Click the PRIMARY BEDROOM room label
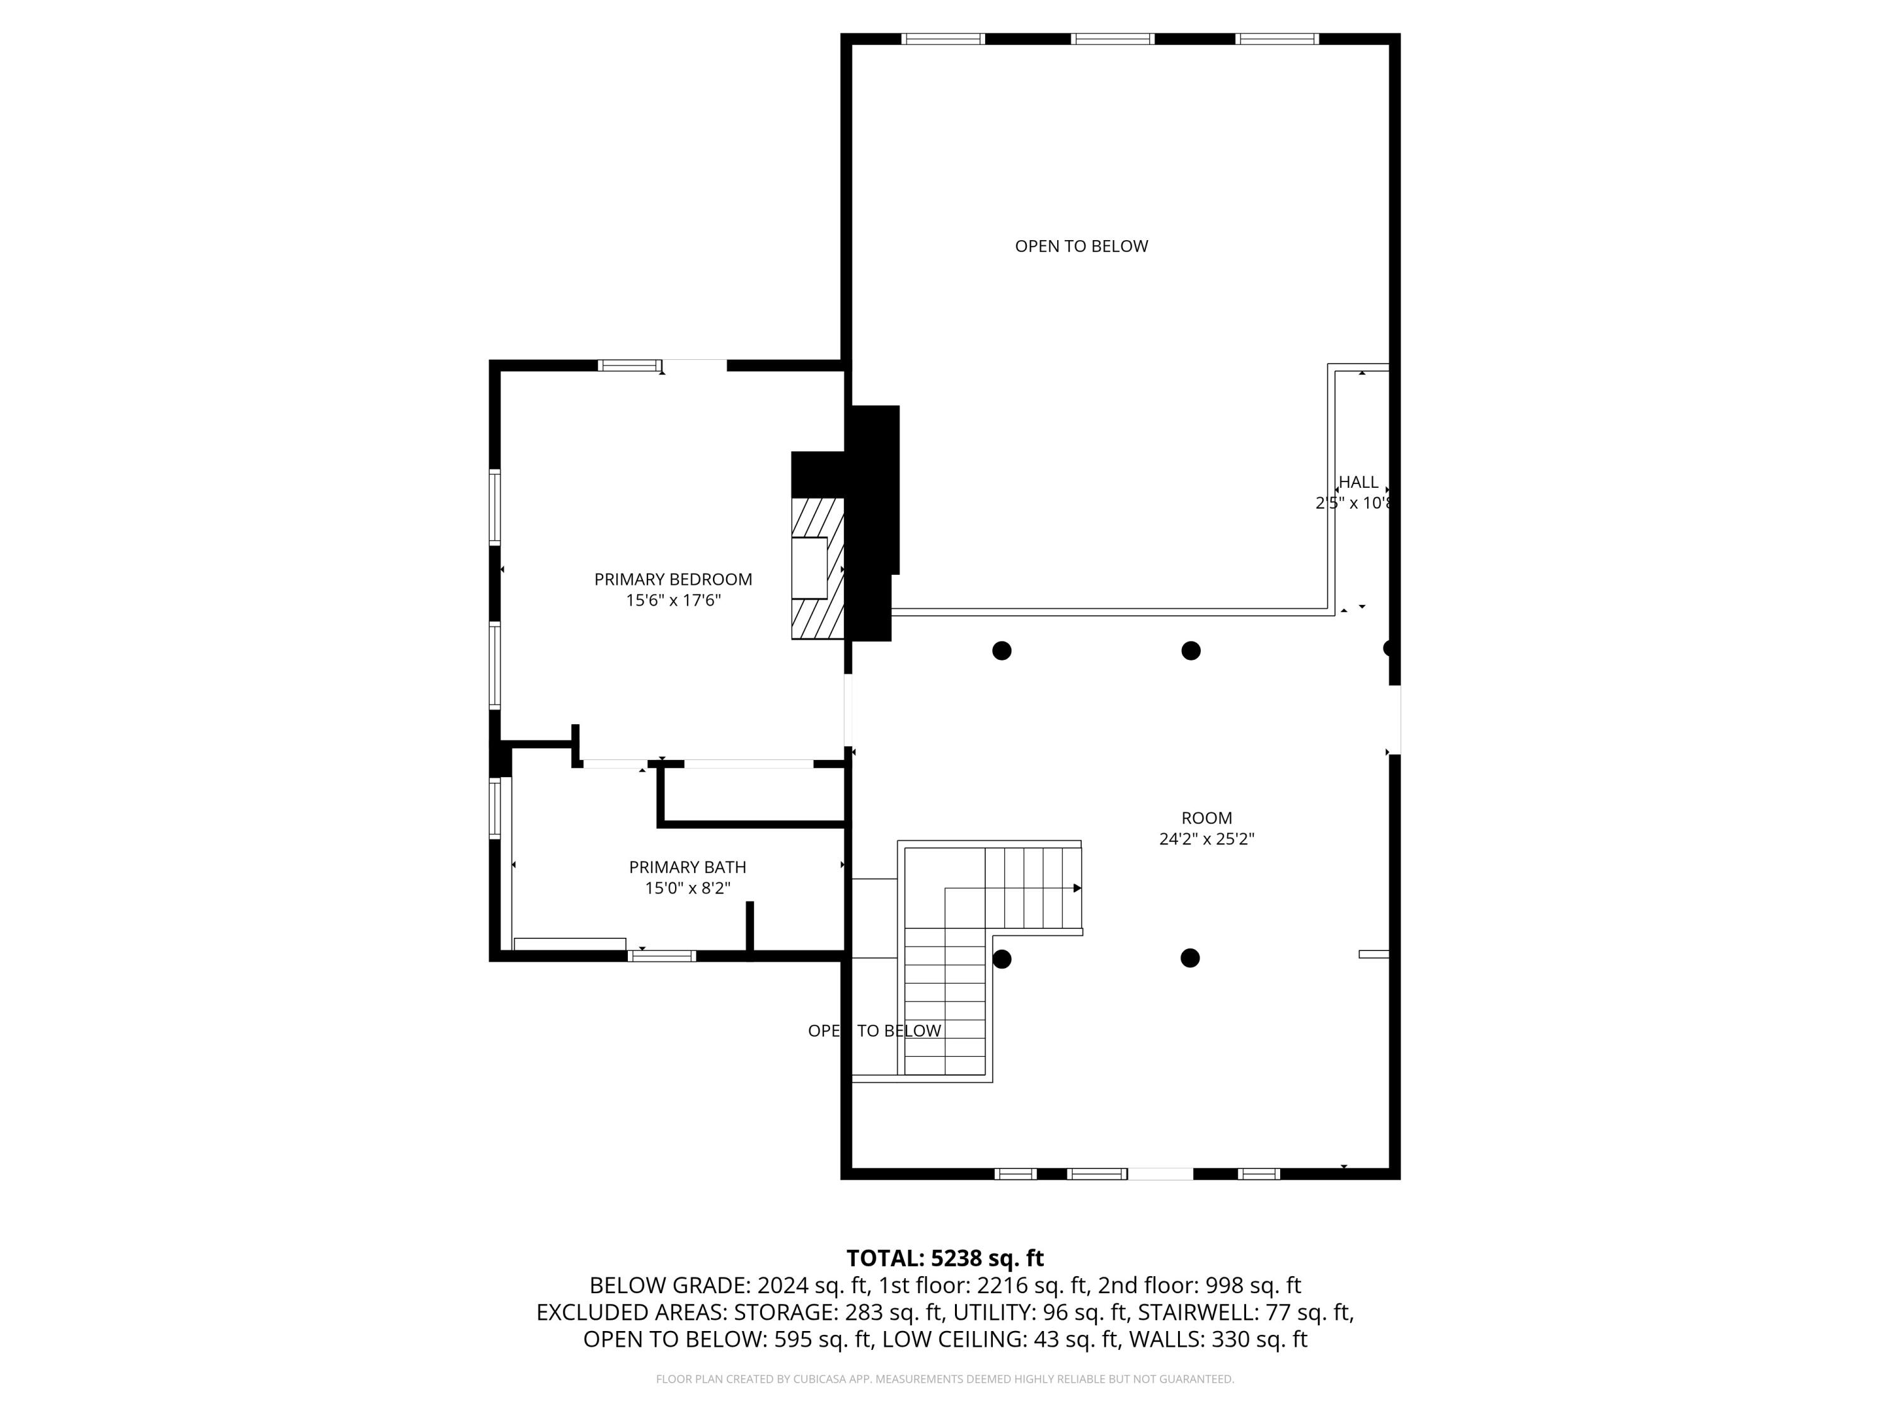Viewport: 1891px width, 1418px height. point(673,580)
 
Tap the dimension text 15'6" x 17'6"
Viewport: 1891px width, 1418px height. point(673,601)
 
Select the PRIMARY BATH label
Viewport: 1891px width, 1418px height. point(687,868)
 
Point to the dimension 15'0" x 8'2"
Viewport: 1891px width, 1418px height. point(687,889)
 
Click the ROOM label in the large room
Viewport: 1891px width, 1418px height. point(1206,818)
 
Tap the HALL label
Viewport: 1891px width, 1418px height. point(1358,482)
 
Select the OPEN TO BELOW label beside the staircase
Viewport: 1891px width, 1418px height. point(874,1032)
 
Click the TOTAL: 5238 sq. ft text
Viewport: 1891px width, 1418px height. point(945,1258)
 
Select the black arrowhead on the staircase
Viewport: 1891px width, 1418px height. point(1077,888)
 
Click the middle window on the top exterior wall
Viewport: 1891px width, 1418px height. point(1112,38)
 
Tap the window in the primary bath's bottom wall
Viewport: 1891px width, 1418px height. point(662,955)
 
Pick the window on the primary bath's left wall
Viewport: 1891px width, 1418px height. point(495,808)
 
